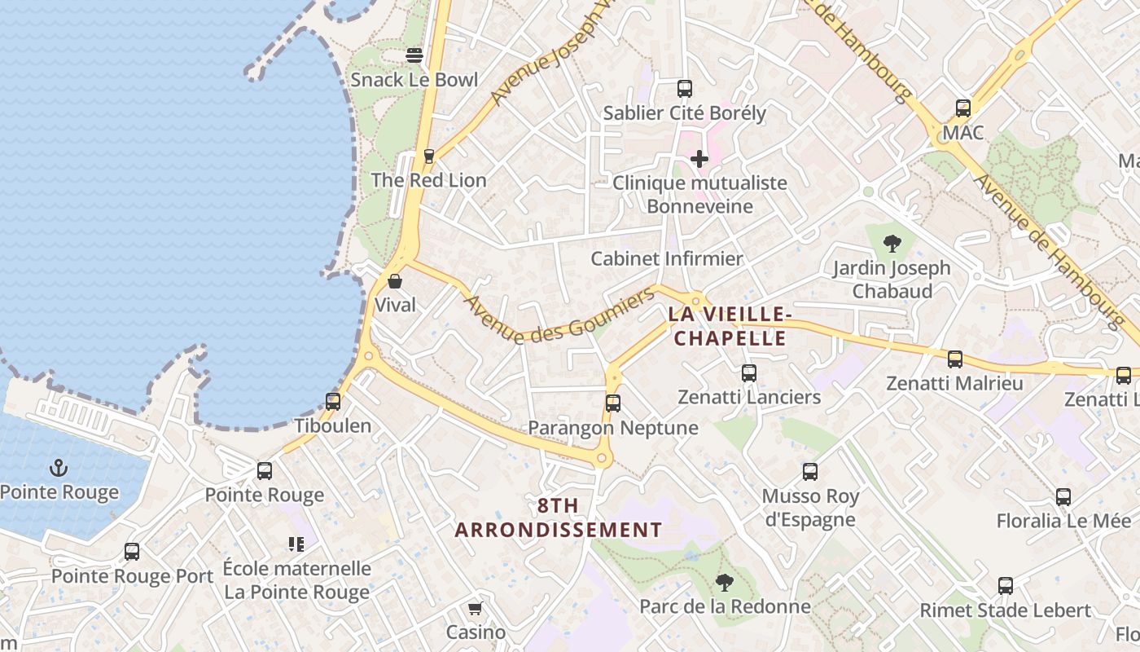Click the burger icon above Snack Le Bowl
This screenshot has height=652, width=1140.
pyautogui.click(x=414, y=55)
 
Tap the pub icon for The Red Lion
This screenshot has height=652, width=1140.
pyautogui.click(x=429, y=156)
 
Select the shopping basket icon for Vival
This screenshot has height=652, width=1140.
pyautogui.click(x=395, y=281)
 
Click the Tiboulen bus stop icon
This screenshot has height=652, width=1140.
pyautogui.click(x=332, y=401)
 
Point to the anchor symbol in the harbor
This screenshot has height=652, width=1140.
pyautogui.click(x=58, y=468)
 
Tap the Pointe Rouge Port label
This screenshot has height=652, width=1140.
pyautogui.click(x=132, y=575)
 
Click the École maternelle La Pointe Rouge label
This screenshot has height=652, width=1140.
pyautogui.click(x=296, y=580)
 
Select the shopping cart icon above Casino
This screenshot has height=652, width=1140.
pyautogui.click(x=476, y=608)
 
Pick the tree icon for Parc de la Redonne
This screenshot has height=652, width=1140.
pyautogui.click(x=724, y=582)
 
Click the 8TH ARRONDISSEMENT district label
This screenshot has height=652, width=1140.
pyautogui.click(x=559, y=518)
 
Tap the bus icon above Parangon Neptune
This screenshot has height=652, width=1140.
pyautogui.click(x=613, y=403)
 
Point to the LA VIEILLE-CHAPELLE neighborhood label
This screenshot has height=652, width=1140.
pyautogui.click(x=728, y=326)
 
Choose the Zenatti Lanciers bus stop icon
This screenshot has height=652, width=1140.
pyautogui.click(x=749, y=373)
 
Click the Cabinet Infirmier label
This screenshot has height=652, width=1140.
pyautogui.click(x=666, y=259)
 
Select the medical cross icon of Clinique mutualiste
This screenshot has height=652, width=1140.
pyautogui.click(x=699, y=158)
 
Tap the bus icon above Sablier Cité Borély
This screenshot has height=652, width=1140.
pyautogui.click(x=685, y=88)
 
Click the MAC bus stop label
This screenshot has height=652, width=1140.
pyautogui.click(x=962, y=132)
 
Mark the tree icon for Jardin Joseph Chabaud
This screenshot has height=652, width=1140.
pyautogui.click(x=892, y=243)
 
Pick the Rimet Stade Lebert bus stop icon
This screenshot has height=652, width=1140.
pyautogui.click(x=1006, y=585)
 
